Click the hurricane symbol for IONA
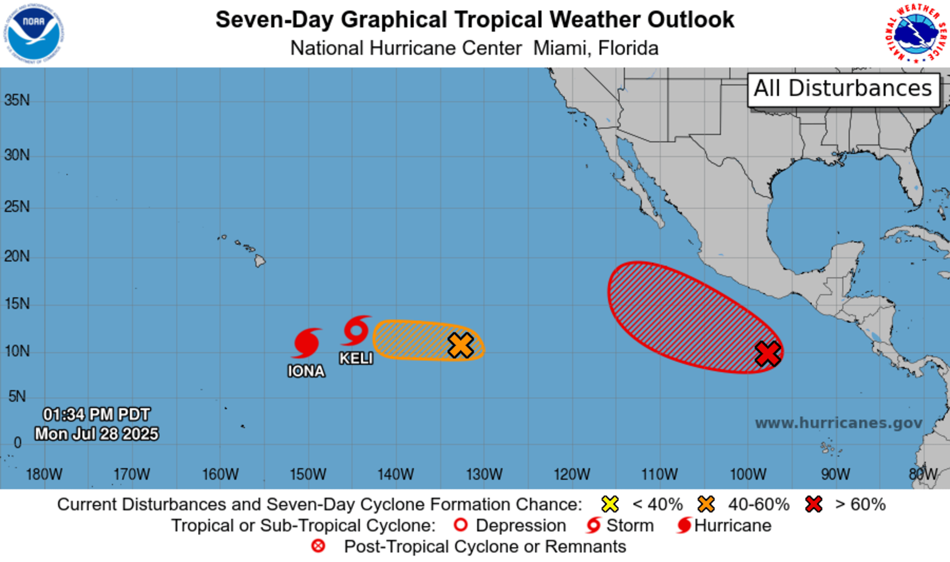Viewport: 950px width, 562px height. tap(306, 343)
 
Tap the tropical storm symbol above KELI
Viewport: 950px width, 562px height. tap(356, 331)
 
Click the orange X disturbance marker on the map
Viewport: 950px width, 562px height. tap(460, 345)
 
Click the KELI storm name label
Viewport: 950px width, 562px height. tap(356, 358)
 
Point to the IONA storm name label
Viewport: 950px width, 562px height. tap(306, 371)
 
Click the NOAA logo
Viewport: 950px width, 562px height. tap(34, 34)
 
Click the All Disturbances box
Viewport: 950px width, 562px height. tap(843, 89)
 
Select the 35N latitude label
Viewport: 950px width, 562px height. tap(17, 100)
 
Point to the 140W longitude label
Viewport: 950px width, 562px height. tap(396, 474)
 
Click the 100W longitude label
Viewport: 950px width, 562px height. tap(748, 474)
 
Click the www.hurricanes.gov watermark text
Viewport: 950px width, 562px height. tap(839, 423)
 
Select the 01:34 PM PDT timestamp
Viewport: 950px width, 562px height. tap(97, 414)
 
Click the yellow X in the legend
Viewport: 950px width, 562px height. tap(610, 504)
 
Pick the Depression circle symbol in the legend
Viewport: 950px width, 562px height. tap(461, 525)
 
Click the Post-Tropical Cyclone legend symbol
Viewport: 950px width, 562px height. tap(318, 546)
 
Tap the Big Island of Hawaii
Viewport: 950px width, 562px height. tap(260, 261)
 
